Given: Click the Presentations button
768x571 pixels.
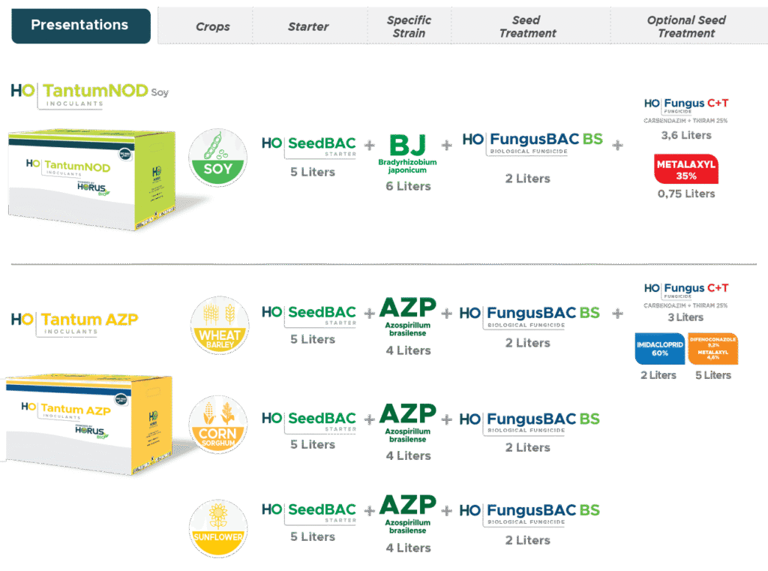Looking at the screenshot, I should (x=79, y=26).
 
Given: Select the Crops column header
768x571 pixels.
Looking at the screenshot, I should (x=213, y=27).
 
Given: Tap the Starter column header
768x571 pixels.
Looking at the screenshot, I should (x=308, y=27).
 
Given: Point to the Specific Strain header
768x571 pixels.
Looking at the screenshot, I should (x=409, y=26).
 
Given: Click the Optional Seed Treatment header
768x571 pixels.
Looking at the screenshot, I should (x=686, y=26).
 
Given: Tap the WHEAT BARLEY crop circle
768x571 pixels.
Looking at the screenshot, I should (x=218, y=325).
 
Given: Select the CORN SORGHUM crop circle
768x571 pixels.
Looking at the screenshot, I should (x=218, y=424).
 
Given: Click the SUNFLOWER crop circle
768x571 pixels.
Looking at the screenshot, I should (x=218, y=529).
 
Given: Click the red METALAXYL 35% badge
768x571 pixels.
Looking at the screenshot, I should (x=686, y=169).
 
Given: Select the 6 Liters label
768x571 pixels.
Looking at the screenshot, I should (x=408, y=185).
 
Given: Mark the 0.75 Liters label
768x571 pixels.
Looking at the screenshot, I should (x=686, y=194).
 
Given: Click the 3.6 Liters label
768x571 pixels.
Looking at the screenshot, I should (x=686, y=135).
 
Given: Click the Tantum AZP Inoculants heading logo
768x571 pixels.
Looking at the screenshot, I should (x=75, y=321).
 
